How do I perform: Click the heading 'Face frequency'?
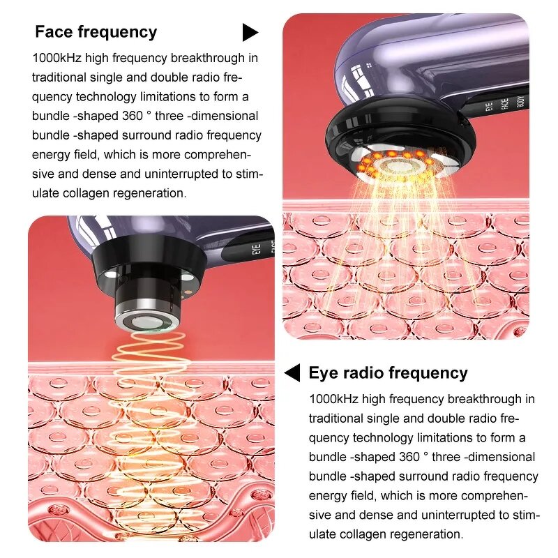[96, 32]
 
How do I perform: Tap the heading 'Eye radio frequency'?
[388, 373]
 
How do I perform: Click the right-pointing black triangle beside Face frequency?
[250, 32]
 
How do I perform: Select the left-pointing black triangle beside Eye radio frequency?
[292, 373]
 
